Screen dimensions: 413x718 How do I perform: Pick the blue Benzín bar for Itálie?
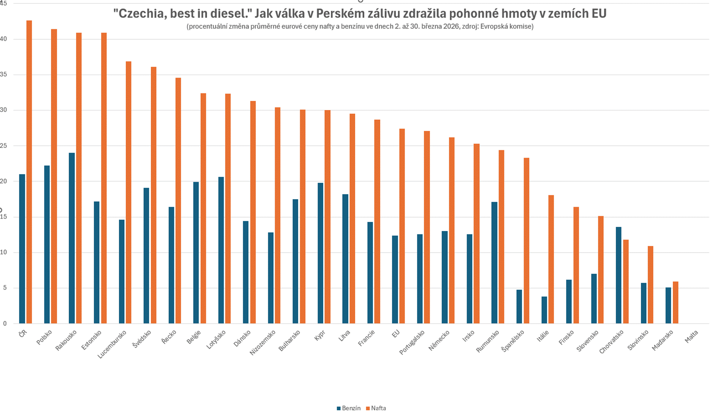[x=544, y=310]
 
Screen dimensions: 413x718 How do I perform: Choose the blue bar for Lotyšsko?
[x=221, y=250]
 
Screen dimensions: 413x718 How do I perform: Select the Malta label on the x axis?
[x=691, y=336]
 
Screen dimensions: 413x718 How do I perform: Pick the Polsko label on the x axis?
[x=44, y=338]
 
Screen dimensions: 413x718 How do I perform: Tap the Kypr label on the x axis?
[x=320, y=336]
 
